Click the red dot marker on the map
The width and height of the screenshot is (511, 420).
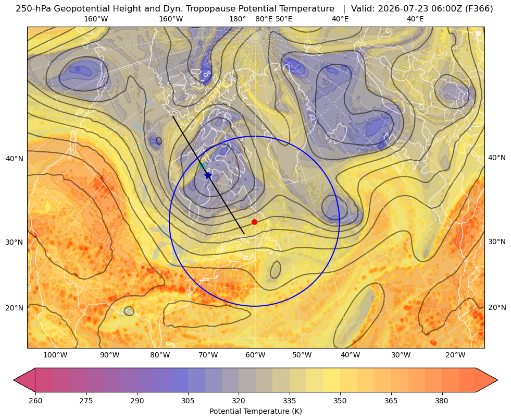(254, 222)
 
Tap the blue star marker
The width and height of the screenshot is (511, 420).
(208, 175)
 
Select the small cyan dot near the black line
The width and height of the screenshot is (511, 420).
(203, 165)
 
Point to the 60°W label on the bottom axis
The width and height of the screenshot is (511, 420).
(255, 355)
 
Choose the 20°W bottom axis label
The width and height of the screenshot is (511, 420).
(455, 355)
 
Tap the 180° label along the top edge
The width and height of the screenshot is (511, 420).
(238, 19)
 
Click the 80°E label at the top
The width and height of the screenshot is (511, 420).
(264, 19)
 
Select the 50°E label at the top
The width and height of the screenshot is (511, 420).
(284, 19)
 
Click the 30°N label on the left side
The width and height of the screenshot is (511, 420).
(15, 242)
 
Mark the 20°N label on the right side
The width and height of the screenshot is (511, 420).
(497, 307)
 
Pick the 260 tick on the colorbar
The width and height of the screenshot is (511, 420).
(35, 400)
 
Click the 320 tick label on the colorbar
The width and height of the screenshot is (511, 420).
(239, 400)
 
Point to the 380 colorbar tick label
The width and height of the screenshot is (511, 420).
(442, 400)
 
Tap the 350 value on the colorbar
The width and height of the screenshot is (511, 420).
(340, 400)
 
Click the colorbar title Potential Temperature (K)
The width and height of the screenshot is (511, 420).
(255, 411)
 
